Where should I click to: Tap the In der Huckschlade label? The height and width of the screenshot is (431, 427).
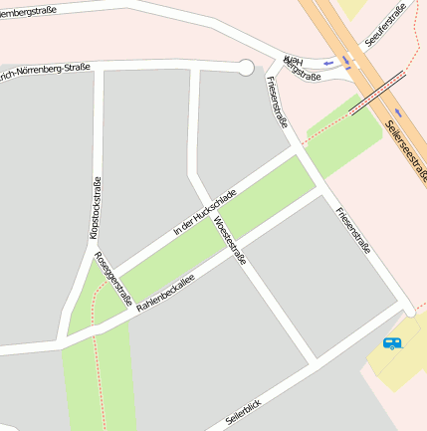point(204,210)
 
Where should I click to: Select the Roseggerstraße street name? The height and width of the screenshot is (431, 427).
point(113,276)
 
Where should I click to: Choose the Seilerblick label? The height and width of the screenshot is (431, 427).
point(244,409)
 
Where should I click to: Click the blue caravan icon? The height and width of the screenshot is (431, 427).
point(392,343)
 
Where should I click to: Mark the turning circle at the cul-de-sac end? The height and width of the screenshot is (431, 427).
point(245,68)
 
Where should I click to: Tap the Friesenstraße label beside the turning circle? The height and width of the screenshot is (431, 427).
point(278,104)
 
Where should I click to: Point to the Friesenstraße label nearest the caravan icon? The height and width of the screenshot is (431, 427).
point(353,230)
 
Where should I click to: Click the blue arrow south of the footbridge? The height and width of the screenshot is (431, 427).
point(398,111)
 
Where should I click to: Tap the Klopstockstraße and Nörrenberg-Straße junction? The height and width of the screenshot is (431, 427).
point(98,71)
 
